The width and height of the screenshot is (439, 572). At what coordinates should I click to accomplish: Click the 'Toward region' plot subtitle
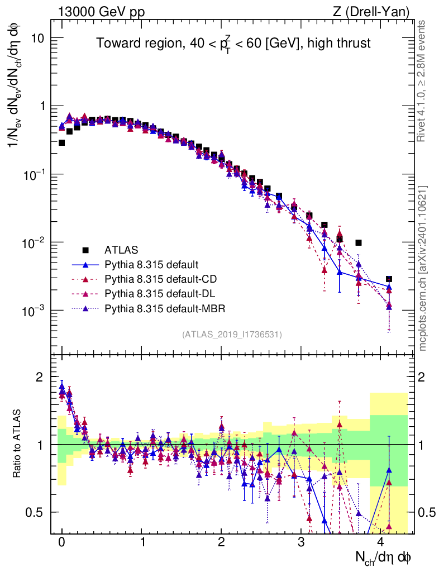233,44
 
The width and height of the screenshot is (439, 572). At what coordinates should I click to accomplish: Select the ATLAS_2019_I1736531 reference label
232,334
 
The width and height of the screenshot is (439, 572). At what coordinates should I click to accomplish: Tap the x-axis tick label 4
381,542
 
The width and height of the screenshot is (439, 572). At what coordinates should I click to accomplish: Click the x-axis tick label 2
221,542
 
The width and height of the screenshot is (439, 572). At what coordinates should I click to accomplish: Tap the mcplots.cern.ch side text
422,268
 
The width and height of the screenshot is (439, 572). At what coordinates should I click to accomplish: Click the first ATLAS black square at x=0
61,142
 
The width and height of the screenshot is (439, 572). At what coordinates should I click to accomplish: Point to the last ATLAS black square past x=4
389,279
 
